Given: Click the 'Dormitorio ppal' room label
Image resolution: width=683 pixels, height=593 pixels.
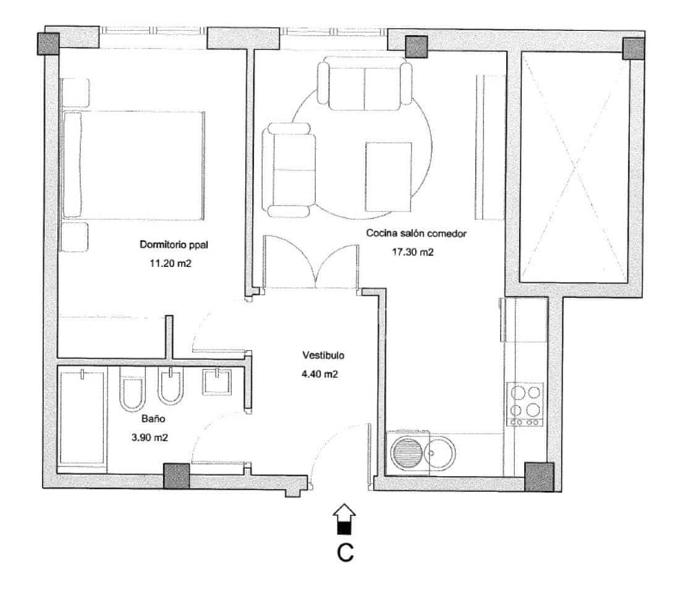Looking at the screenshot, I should [x=174, y=245].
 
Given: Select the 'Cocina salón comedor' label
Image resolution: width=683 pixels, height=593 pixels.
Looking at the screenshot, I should [x=415, y=233].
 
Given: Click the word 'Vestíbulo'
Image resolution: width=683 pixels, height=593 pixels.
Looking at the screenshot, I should [x=323, y=356].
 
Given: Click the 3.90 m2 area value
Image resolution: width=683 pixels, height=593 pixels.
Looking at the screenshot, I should [x=150, y=437].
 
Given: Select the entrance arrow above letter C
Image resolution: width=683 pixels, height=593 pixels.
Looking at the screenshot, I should [x=344, y=518].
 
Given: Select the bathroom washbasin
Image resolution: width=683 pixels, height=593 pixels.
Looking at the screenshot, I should [x=216, y=382].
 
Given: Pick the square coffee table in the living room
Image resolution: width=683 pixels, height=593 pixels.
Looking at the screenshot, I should [x=388, y=176].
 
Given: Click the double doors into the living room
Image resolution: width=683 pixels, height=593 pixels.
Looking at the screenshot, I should [x=311, y=263].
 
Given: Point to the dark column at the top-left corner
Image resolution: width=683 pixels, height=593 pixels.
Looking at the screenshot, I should [x=48, y=43].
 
